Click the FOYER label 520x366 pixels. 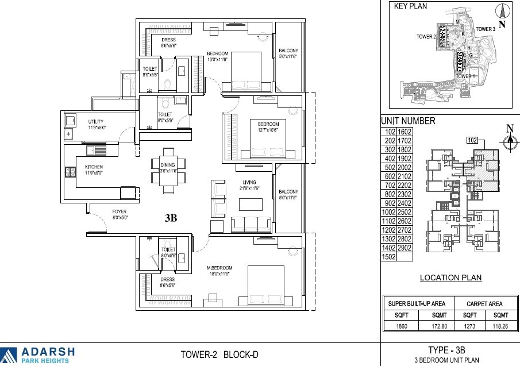tap(120, 211)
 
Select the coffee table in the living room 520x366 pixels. tap(251, 205)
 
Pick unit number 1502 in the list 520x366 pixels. tap(389, 257)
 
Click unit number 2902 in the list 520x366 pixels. tap(405, 248)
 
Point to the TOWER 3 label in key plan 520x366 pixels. tap(486, 29)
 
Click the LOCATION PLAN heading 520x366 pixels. tap(450, 278)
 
